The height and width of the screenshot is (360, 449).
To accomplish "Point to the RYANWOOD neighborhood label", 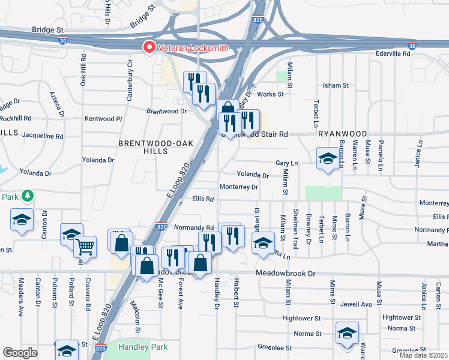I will [343, 133].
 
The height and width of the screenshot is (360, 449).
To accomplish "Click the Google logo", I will [20, 353].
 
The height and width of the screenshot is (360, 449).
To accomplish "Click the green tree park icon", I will [26, 196].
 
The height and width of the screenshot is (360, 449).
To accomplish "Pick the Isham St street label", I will [336, 85].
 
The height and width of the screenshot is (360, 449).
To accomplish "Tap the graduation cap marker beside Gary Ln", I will [328, 160].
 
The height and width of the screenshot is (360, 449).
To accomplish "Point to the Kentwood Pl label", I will [103, 119].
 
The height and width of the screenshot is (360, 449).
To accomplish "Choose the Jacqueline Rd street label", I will [43, 136].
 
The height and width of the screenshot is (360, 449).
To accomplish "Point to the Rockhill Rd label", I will [16, 118].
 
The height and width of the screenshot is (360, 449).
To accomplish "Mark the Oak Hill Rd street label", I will [83, 71].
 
